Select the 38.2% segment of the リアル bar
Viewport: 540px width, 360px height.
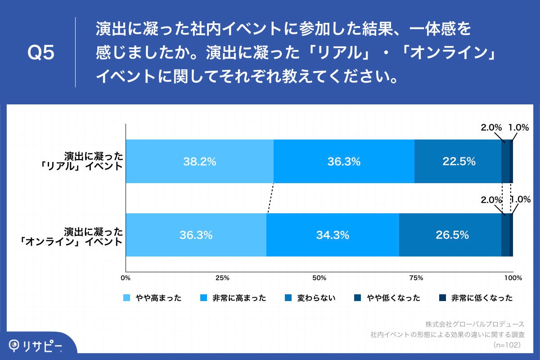(199, 162)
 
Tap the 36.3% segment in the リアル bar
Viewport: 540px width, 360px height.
(344, 162)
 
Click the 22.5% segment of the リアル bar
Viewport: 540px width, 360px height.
(458, 162)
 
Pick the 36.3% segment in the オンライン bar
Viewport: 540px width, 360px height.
(196, 235)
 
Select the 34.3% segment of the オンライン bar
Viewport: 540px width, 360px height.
(333, 235)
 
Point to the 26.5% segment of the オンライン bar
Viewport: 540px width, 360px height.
(450, 235)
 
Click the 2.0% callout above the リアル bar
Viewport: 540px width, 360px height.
(491, 127)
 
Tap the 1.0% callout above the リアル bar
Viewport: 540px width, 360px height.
(518, 127)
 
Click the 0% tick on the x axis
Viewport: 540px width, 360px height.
(126, 278)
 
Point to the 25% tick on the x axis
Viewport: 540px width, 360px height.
(223, 278)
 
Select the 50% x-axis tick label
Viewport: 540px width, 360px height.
(319, 278)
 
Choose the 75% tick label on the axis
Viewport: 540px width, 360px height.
(416, 278)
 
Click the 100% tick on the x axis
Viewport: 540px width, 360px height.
(513, 278)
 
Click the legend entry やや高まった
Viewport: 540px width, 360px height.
(153, 298)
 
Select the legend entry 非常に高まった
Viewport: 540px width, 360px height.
(234, 298)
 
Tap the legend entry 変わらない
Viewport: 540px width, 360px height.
(310, 298)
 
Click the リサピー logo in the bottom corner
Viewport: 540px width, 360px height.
(36, 346)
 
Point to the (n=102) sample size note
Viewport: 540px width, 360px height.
(507, 345)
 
